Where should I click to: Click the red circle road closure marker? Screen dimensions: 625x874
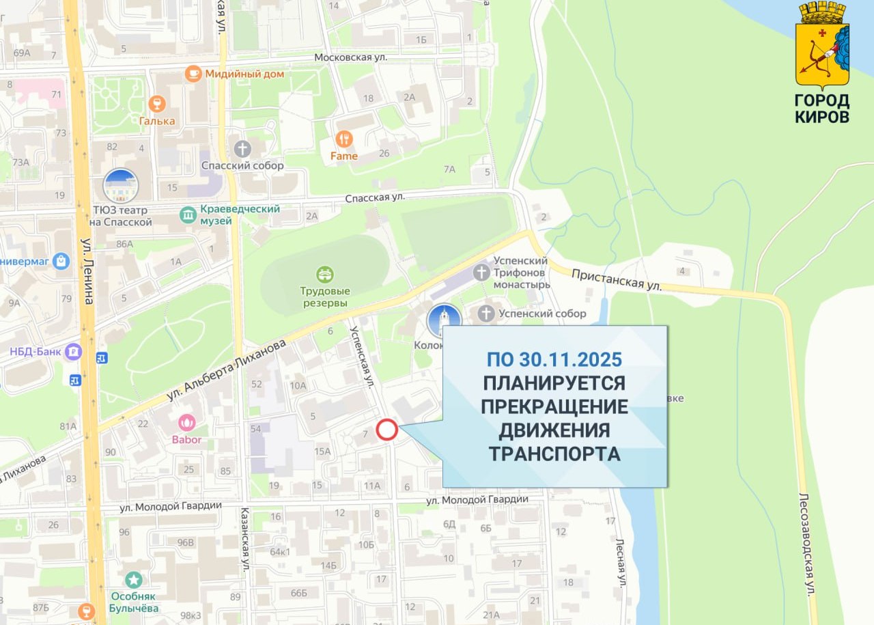pos(387,430)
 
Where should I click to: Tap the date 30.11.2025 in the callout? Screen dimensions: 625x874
pos(554,359)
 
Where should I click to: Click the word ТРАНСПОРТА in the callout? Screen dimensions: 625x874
pos(554,454)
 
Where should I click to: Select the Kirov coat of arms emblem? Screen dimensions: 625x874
pos(822,45)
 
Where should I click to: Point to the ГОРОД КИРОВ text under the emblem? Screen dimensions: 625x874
pos(822,109)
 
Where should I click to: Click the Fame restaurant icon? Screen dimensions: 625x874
pos(344,139)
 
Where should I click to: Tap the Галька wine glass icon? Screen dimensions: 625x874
pos(157,104)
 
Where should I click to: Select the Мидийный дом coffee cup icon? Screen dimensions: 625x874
pos(193,73)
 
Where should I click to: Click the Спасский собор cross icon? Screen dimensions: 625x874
pos(242,148)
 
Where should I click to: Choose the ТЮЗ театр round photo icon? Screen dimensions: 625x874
pos(121,186)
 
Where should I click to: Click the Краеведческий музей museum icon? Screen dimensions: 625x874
pos(188,215)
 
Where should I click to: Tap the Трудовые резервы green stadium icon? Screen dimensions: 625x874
pos(325,275)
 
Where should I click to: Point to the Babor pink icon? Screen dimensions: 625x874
pos(186,422)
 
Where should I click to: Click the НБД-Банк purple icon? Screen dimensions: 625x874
pos(72,352)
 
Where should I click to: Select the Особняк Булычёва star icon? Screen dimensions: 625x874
pos(134,581)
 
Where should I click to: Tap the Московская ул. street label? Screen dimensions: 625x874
pos(350,57)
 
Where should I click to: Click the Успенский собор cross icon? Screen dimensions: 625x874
pos(485,314)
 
